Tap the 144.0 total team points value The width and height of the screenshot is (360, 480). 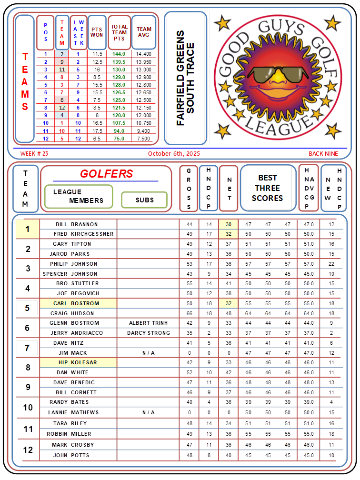pyautogui.click(x=119, y=54)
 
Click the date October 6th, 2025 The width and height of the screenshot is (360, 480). pyautogui.click(x=174, y=154)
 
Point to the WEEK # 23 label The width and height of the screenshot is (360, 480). pyautogui.click(x=34, y=154)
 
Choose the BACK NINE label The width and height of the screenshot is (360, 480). pyautogui.click(x=323, y=154)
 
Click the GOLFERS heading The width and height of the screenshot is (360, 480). pyautogui.click(x=106, y=174)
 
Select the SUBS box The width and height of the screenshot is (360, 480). pyautogui.click(x=144, y=200)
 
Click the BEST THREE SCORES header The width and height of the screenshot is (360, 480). pyautogui.click(x=268, y=188)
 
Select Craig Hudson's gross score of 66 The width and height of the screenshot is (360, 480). pyautogui.click(x=189, y=313)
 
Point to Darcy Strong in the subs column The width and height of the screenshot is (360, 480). pyautogui.click(x=148, y=333)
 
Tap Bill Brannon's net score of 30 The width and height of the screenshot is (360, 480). pyautogui.click(x=229, y=224)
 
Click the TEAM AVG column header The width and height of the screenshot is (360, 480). pyautogui.click(x=144, y=32)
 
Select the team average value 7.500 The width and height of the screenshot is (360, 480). pyautogui.click(x=144, y=139)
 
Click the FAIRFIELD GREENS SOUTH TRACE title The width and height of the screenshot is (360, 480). pyautogui.click(x=185, y=78)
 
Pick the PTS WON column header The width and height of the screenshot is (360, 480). pyautogui.click(x=97, y=32)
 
